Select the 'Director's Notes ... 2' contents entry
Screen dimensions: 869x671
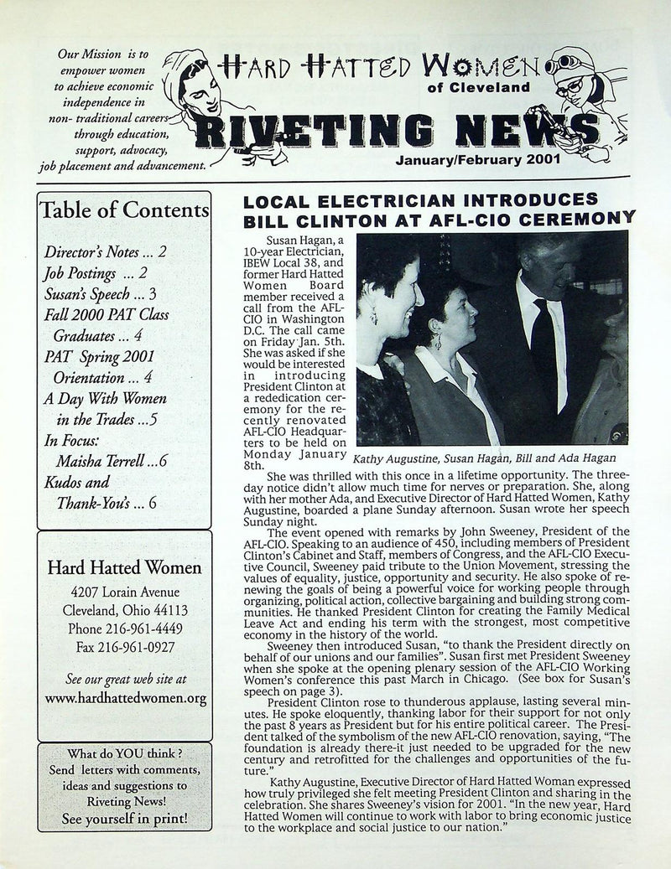(105, 251)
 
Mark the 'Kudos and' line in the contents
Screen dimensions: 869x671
(76, 483)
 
